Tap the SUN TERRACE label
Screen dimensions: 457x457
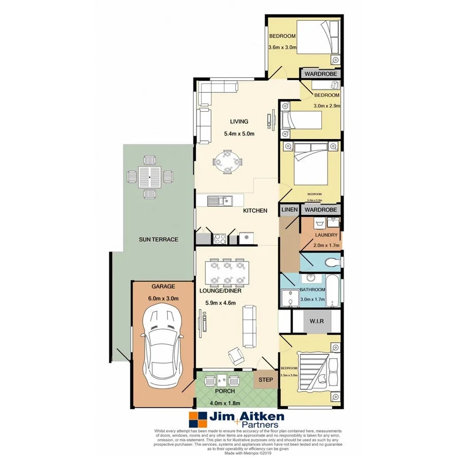pos(158,239)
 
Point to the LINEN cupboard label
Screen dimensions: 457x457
pos(289,209)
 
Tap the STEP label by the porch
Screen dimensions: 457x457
pos(266,380)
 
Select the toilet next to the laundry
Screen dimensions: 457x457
pos(331,263)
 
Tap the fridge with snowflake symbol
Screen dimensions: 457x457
pos(246,237)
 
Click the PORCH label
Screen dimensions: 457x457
pos(224,391)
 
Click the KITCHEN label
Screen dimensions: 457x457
pos(255,210)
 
